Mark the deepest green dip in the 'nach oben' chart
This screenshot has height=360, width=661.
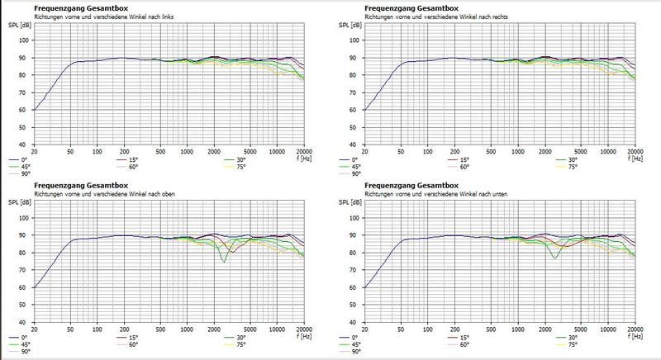click(223, 262)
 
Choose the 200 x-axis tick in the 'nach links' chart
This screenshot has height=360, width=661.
click(124, 151)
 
